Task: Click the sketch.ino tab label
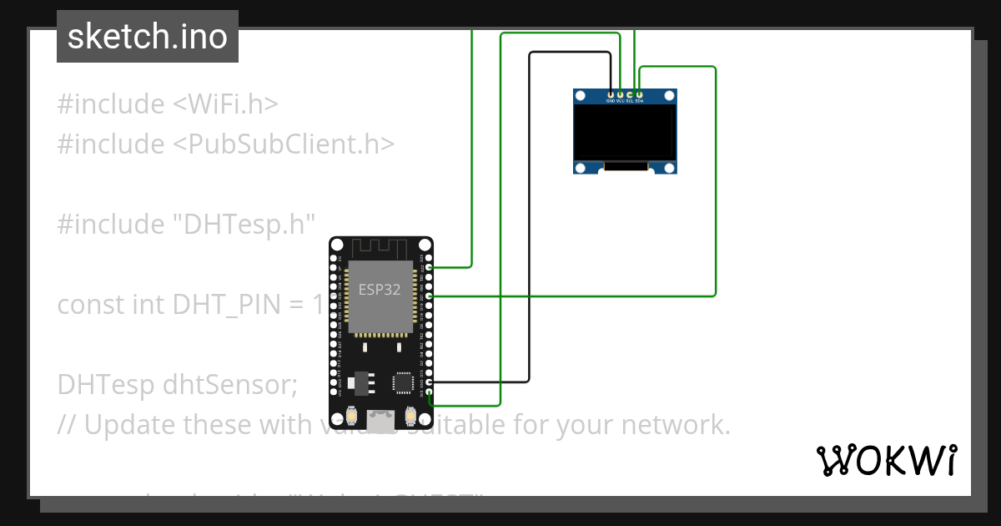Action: [x=148, y=37]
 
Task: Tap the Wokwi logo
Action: [x=886, y=460]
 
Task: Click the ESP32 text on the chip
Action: [x=380, y=290]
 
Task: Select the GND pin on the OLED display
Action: [x=612, y=94]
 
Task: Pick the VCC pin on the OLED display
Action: [x=621, y=94]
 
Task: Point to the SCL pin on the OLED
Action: [x=630, y=94]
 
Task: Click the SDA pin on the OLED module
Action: [x=639, y=94]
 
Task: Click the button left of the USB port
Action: [x=353, y=415]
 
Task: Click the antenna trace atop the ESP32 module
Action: [x=380, y=248]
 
